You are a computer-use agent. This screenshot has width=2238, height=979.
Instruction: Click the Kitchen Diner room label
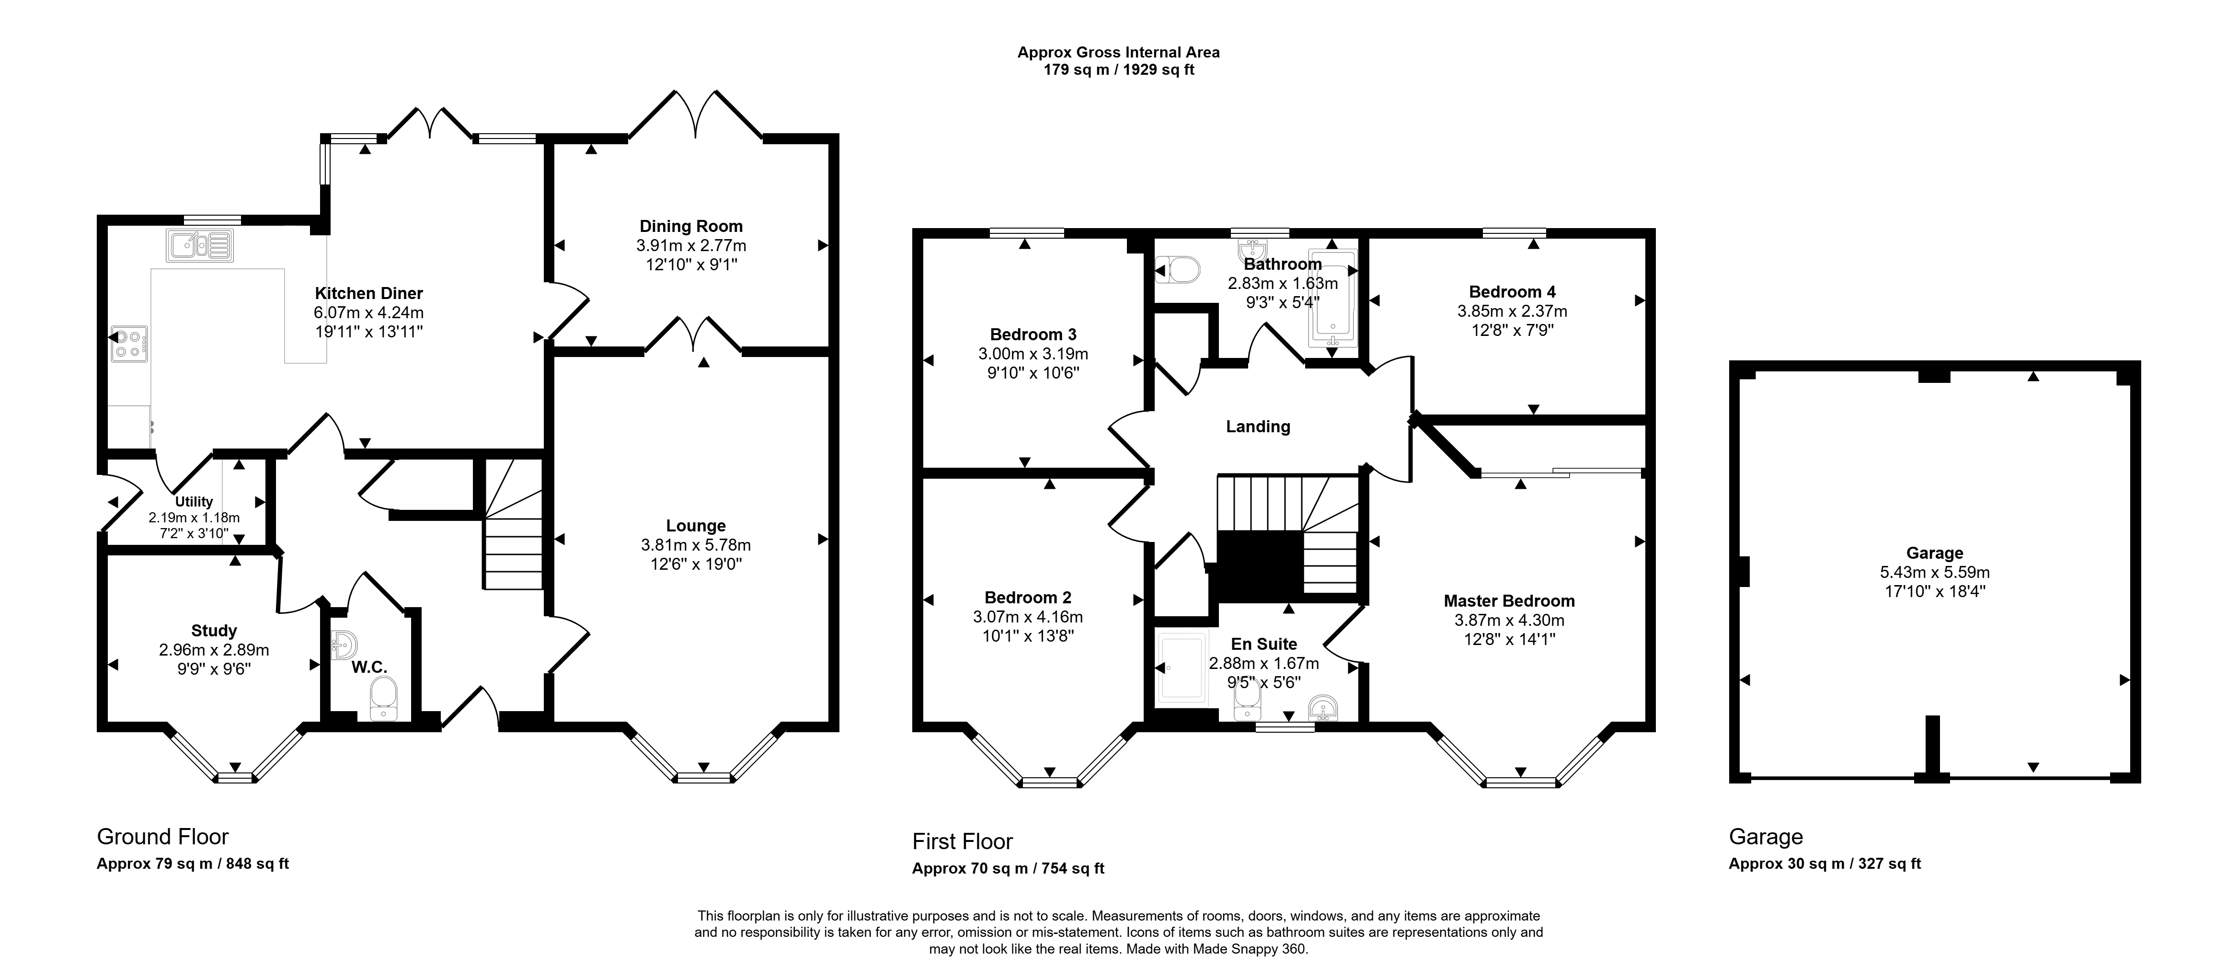(368, 294)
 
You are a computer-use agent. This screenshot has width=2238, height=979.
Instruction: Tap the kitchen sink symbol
(200, 245)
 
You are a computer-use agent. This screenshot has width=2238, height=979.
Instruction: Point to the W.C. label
(369, 667)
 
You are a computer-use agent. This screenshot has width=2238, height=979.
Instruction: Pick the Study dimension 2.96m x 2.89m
(214, 650)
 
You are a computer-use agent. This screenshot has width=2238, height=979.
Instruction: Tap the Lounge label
(696, 526)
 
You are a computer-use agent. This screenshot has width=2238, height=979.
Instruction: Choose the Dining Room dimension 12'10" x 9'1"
(691, 264)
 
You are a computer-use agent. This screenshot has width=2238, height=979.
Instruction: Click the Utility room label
(194, 501)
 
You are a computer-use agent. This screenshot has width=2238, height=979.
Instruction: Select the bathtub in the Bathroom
(1332, 298)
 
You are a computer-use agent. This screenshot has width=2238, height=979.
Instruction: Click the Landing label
(1258, 426)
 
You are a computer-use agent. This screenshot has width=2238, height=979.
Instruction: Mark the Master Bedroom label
(1509, 600)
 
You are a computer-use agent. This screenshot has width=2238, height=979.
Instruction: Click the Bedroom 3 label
(1033, 334)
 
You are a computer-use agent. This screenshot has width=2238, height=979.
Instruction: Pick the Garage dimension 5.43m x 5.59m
(1934, 573)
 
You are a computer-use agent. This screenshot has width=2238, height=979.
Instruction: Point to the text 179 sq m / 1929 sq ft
(1119, 69)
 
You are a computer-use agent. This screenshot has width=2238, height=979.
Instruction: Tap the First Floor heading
(963, 842)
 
